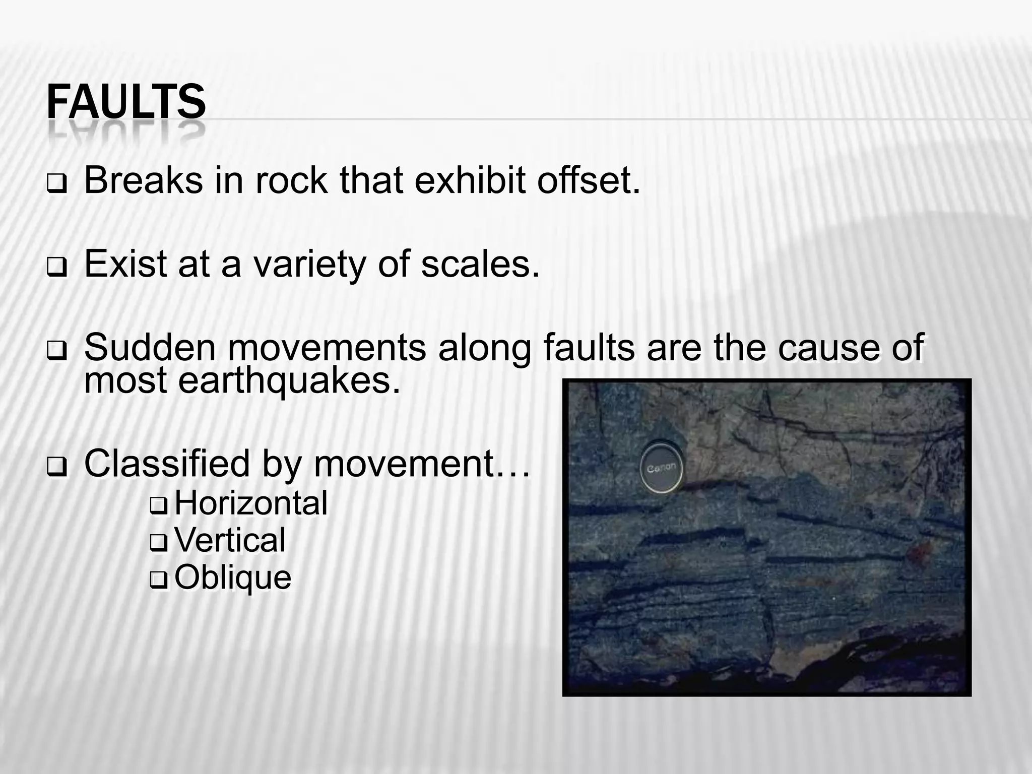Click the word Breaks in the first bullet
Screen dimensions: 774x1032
(x=143, y=180)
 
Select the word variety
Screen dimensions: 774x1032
(x=309, y=264)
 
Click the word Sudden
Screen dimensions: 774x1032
(x=150, y=348)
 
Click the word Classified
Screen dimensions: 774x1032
(x=167, y=464)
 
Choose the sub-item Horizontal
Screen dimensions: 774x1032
(x=251, y=503)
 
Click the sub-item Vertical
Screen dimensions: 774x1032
(x=230, y=540)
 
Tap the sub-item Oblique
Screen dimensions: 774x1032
(x=233, y=577)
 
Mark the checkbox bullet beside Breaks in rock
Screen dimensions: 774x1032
(x=55, y=185)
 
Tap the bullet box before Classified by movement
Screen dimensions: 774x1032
(x=55, y=468)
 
